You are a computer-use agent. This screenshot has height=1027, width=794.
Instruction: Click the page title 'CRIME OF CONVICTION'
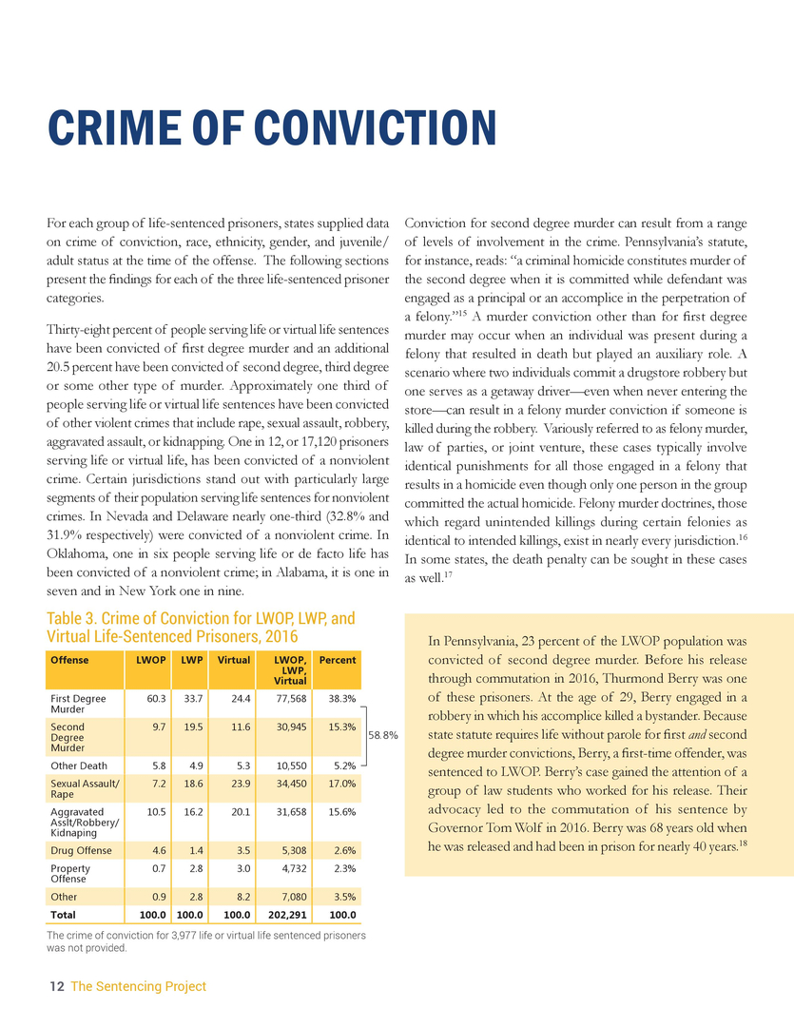click(x=272, y=130)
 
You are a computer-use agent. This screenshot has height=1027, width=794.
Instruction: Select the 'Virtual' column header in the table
click(x=234, y=660)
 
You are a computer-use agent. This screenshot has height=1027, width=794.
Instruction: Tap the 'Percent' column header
click(x=338, y=660)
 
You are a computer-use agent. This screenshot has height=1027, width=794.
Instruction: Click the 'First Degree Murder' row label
click(x=78, y=704)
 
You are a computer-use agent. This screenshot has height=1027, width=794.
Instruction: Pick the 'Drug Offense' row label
click(x=81, y=850)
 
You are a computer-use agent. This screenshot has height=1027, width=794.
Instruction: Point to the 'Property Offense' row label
click(x=70, y=874)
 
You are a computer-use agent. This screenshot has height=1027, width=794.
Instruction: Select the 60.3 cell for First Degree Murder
click(x=156, y=698)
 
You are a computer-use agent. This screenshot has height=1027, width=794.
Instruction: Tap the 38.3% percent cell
click(x=340, y=698)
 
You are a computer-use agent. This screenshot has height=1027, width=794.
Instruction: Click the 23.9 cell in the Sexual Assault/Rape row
click(x=237, y=784)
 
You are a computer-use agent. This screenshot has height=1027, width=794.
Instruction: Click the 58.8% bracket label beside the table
click(x=382, y=734)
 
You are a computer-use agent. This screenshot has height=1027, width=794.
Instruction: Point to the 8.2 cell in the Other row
click(x=240, y=897)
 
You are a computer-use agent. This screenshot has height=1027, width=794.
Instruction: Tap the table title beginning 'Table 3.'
click(x=201, y=626)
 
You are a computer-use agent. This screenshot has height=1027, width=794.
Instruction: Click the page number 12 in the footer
click(x=56, y=987)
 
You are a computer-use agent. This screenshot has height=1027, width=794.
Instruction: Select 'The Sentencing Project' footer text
click(x=138, y=987)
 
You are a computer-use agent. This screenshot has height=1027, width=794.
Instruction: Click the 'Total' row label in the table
click(x=64, y=916)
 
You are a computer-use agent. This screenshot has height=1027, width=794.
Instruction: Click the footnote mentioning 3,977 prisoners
click(x=206, y=941)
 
